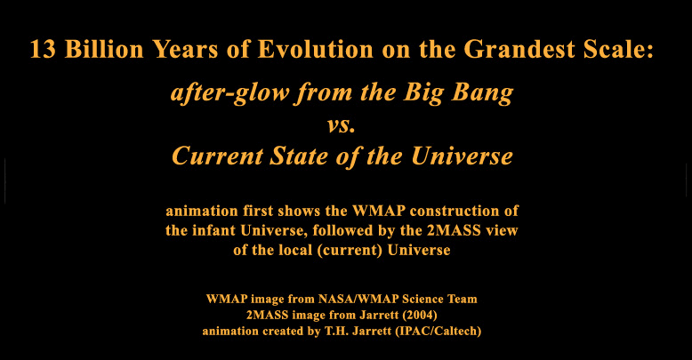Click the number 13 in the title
[x=43, y=49]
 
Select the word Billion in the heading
[x=104, y=49]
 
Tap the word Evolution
[x=315, y=49]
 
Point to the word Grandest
[x=519, y=49]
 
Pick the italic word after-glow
[x=229, y=94]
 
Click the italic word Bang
[x=481, y=94]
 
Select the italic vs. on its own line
[x=342, y=125]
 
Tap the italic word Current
[x=217, y=156]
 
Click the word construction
[x=457, y=211]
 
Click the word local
[x=294, y=250]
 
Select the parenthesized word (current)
[x=350, y=251]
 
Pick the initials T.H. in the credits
[x=335, y=331]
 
